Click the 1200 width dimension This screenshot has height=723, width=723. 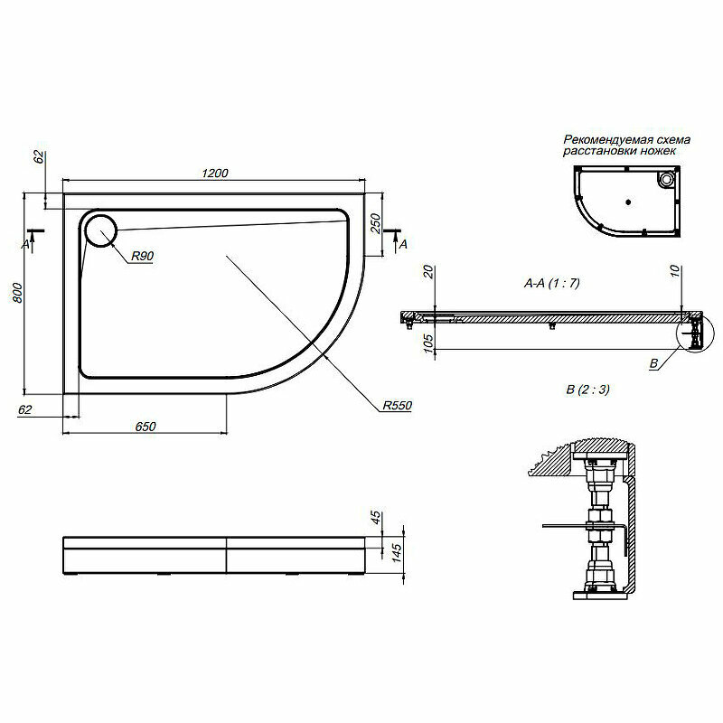tap(213, 174)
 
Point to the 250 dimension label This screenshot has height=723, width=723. tap(375, 221)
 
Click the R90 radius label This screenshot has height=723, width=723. tap(142, 258)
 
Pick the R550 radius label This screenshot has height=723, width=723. tap(397, 406)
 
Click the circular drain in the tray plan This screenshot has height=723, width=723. tap(100, 230)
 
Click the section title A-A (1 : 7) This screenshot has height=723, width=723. tap(551, 283)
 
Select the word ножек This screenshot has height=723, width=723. tap(656, 152)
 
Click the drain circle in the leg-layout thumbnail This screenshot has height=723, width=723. tap(668, 180)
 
